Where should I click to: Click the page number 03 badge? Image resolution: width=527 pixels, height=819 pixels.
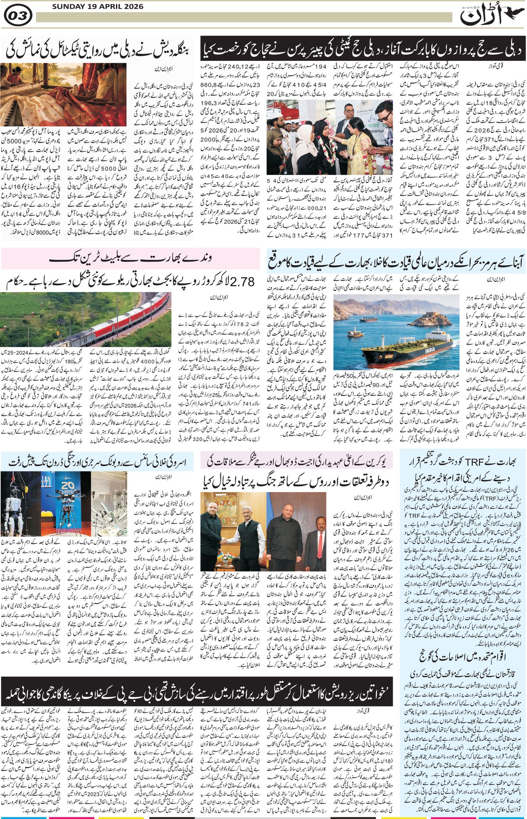click(x=18, y=15)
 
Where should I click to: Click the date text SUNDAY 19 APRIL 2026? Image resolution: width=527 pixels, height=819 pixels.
click(x=98, y=7)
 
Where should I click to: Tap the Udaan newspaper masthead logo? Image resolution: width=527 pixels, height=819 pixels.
click(x=482, y=16)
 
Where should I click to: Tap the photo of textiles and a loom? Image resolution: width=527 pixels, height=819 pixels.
click(x=63, y=95)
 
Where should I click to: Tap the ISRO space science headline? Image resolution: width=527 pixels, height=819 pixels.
click(x=97, y=461)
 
